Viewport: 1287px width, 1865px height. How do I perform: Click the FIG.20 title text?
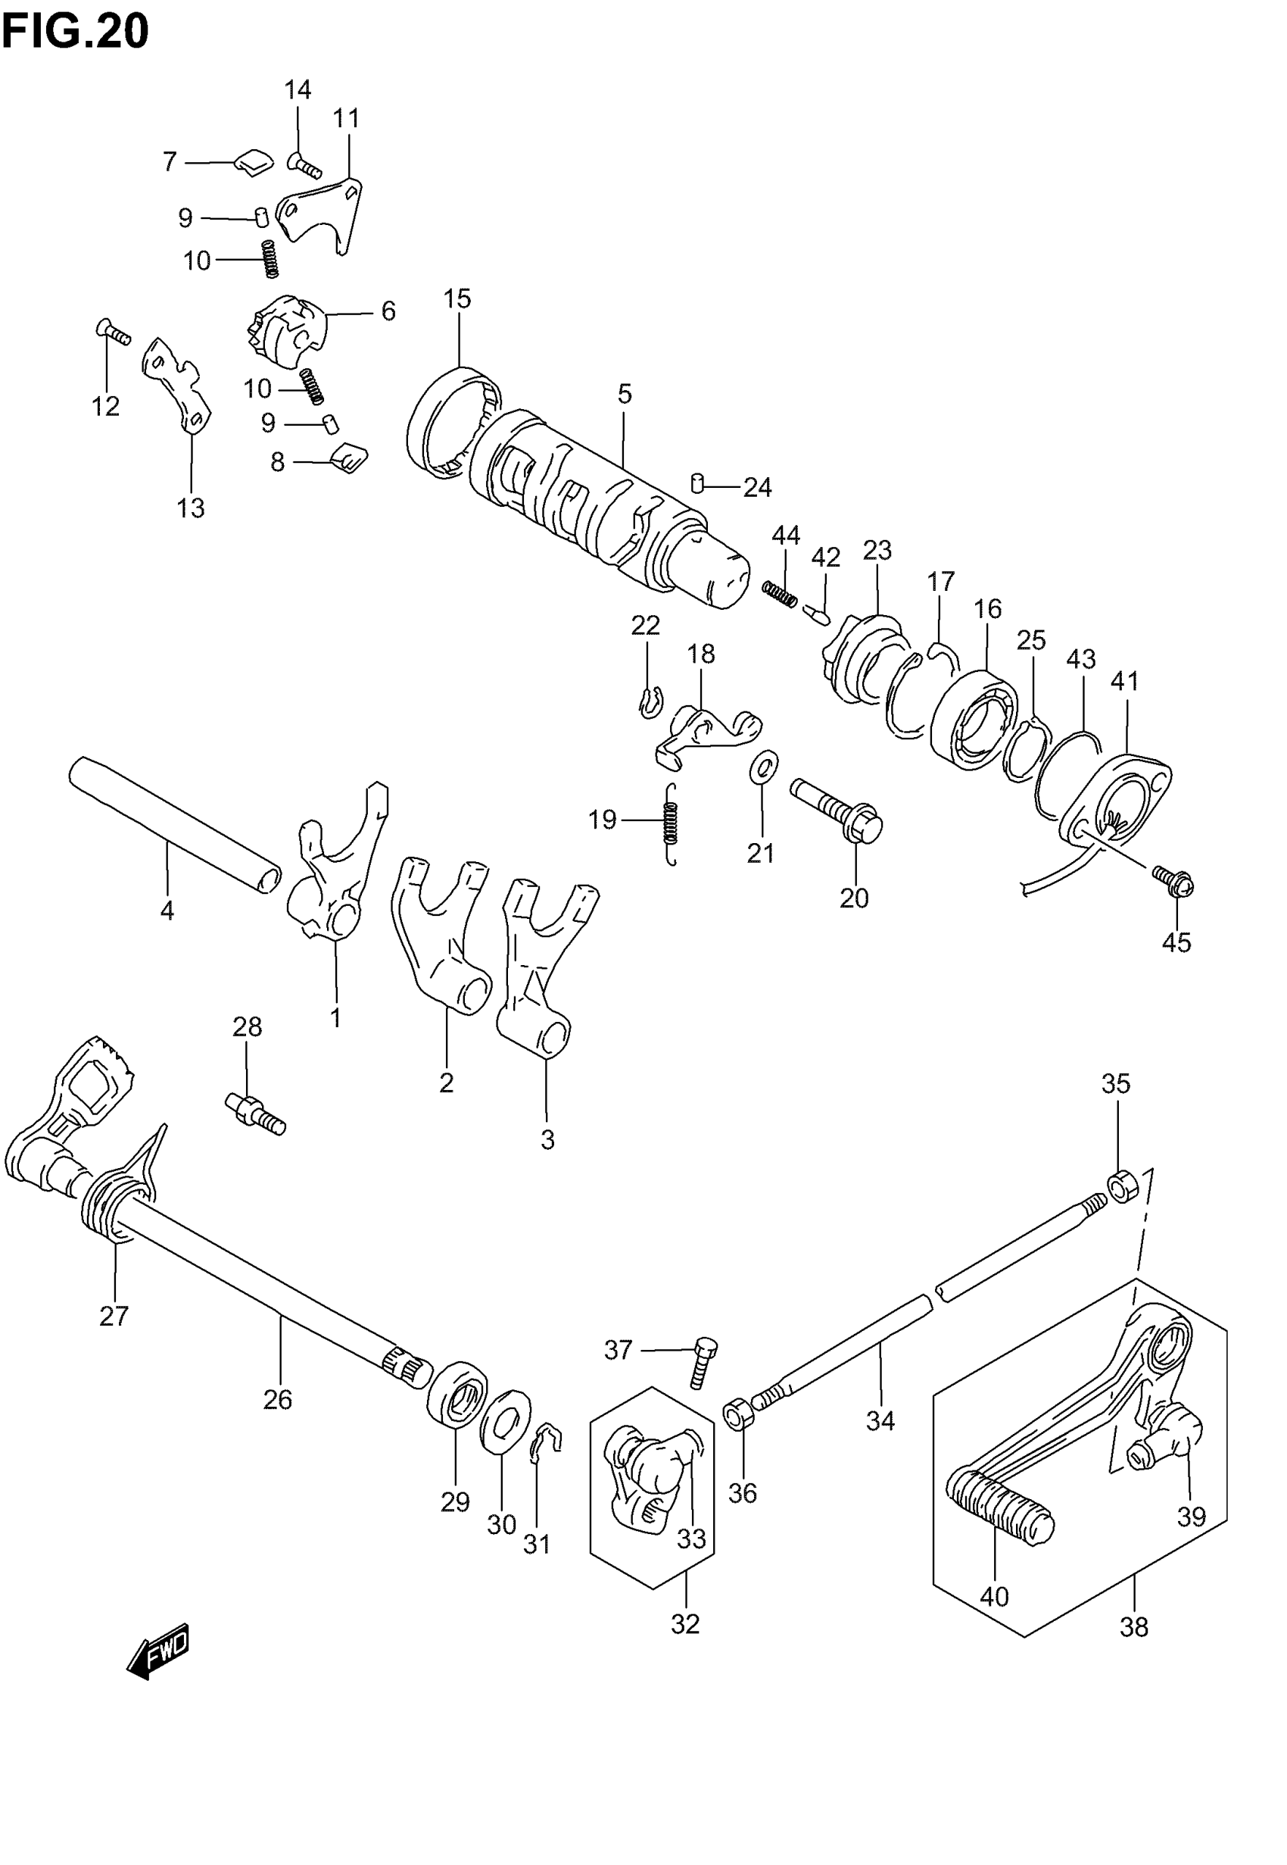pyautogui.click(x=75, y=33)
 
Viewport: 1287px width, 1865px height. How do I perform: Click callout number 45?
pyautogui.click(x=1176, y=942)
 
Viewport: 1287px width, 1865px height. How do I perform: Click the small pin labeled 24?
pyautogui.click(x=698, y=483)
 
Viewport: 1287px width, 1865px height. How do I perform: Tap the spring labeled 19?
pyautogui.click(x=671, y=824)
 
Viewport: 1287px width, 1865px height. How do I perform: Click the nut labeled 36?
pyautogui.click(x=738, y=1415)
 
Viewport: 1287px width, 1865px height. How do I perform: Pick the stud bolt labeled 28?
pyautogui.click(x=256, y=1114)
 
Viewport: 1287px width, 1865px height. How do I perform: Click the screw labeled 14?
pyautogui.click(x=305, y=165)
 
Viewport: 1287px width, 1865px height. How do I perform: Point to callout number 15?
pyautogui.click(x=457, y=299)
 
